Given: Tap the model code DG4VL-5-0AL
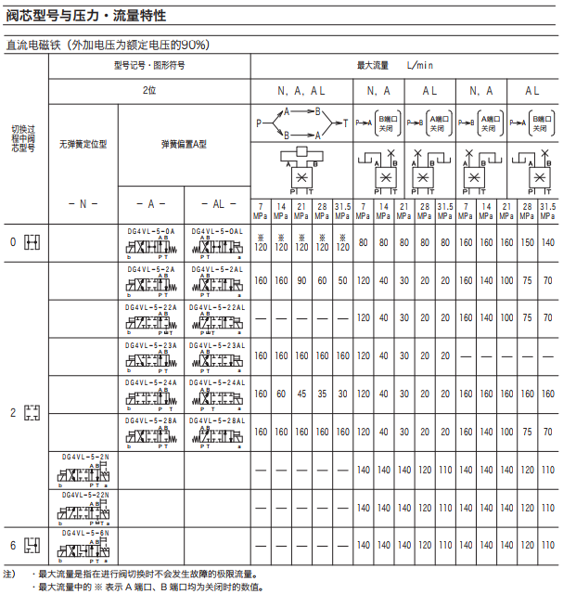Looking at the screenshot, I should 217,230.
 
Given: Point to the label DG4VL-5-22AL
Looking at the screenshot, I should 217,307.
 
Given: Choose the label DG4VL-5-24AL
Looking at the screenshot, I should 217,382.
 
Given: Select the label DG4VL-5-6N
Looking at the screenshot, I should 85,534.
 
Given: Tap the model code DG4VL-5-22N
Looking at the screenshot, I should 85,495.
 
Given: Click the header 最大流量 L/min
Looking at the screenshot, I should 396,66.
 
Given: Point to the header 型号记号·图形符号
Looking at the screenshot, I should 149,66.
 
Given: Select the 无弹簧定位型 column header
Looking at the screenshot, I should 83,145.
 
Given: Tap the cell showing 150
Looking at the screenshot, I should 528,242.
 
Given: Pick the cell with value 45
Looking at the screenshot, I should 301,394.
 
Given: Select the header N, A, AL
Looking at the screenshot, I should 301,91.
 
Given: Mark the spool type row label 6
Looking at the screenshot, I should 13,545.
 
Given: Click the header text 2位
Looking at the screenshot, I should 149,91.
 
